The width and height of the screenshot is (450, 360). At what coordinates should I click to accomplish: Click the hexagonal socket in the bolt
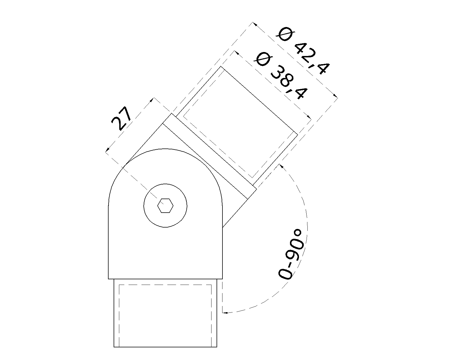165,206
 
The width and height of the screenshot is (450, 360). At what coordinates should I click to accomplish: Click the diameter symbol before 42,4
285,35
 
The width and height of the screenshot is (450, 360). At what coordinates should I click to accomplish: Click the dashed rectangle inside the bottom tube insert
165,285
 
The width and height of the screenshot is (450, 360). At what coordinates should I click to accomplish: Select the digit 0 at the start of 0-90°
285,273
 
